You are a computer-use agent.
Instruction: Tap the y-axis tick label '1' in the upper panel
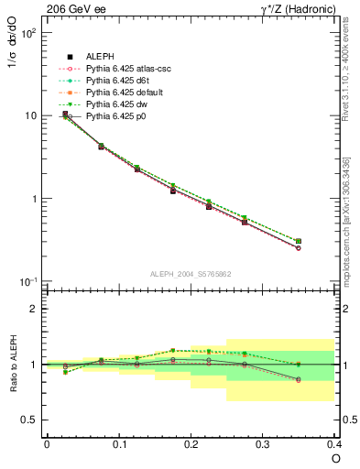[x=32, y=199]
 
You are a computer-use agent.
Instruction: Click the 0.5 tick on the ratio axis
[x=28, y=420]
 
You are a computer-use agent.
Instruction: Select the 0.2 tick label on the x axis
[x=191, y=443]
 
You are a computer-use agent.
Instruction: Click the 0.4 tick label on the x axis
[x=334, y=443]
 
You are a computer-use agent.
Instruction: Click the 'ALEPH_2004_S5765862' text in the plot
[x=190, y=274]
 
